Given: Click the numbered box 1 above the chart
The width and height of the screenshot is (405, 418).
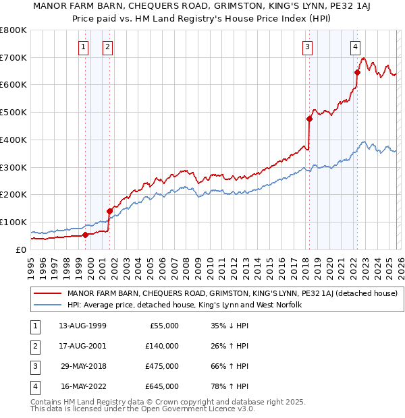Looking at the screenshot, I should (x=83, y=47).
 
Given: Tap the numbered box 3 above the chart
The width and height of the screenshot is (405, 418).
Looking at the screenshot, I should (x=307, y=47).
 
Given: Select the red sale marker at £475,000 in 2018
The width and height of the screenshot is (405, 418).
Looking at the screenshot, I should (x=309, y=119).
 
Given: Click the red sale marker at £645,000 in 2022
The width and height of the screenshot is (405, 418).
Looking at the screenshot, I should (x=357, y=72).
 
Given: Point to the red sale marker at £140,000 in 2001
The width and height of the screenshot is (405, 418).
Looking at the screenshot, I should (x=109, y=210).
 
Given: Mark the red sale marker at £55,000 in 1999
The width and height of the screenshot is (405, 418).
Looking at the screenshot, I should (x=86, y=235).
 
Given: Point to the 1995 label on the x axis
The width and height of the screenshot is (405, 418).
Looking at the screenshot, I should (x=31, y=266).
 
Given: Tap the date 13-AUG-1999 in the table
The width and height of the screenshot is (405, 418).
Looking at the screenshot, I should (x=82, y=326).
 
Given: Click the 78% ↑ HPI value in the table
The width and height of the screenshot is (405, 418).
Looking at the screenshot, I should (x=230, y=386).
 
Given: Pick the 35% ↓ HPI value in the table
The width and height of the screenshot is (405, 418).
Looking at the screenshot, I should (x=230, y=326).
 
